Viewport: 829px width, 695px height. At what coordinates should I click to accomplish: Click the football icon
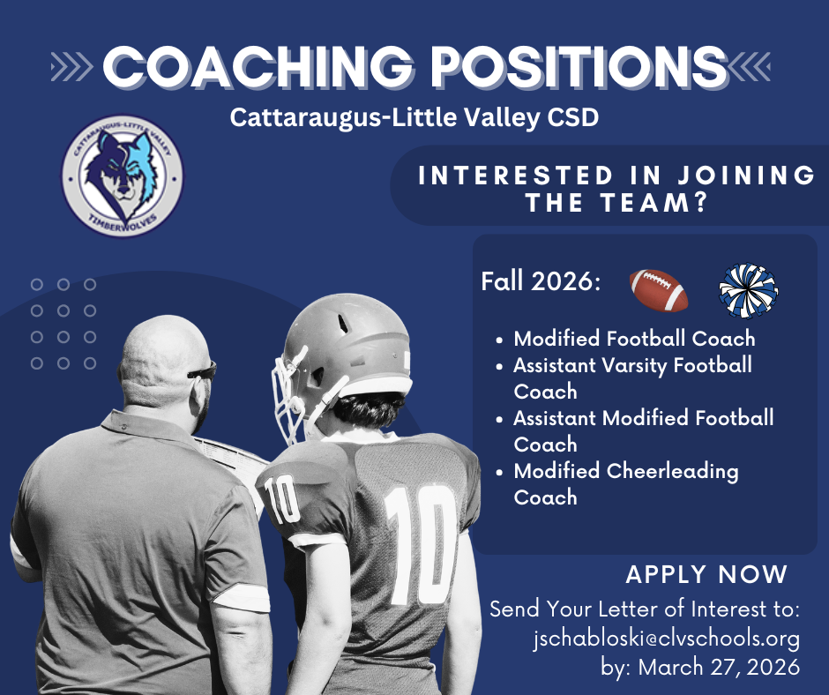click(x=659, y=290)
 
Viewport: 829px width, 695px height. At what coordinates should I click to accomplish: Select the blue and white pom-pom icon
click(x=748, y=290)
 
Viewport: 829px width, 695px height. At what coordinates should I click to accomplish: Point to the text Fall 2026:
click(x=541, y=283)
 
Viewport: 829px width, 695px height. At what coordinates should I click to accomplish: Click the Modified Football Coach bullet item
click(x=634, y=339)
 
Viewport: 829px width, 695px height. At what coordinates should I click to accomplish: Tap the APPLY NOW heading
click(x=706, y=575)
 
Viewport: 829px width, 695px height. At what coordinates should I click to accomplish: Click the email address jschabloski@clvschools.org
click(x=667, y=639)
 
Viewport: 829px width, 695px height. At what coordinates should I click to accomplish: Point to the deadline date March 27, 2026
click(x=720, y=667)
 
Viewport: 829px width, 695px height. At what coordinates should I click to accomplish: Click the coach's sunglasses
click(x=204, y=371)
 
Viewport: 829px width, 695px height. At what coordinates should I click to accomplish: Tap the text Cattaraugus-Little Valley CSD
click(x=414, y=117)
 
